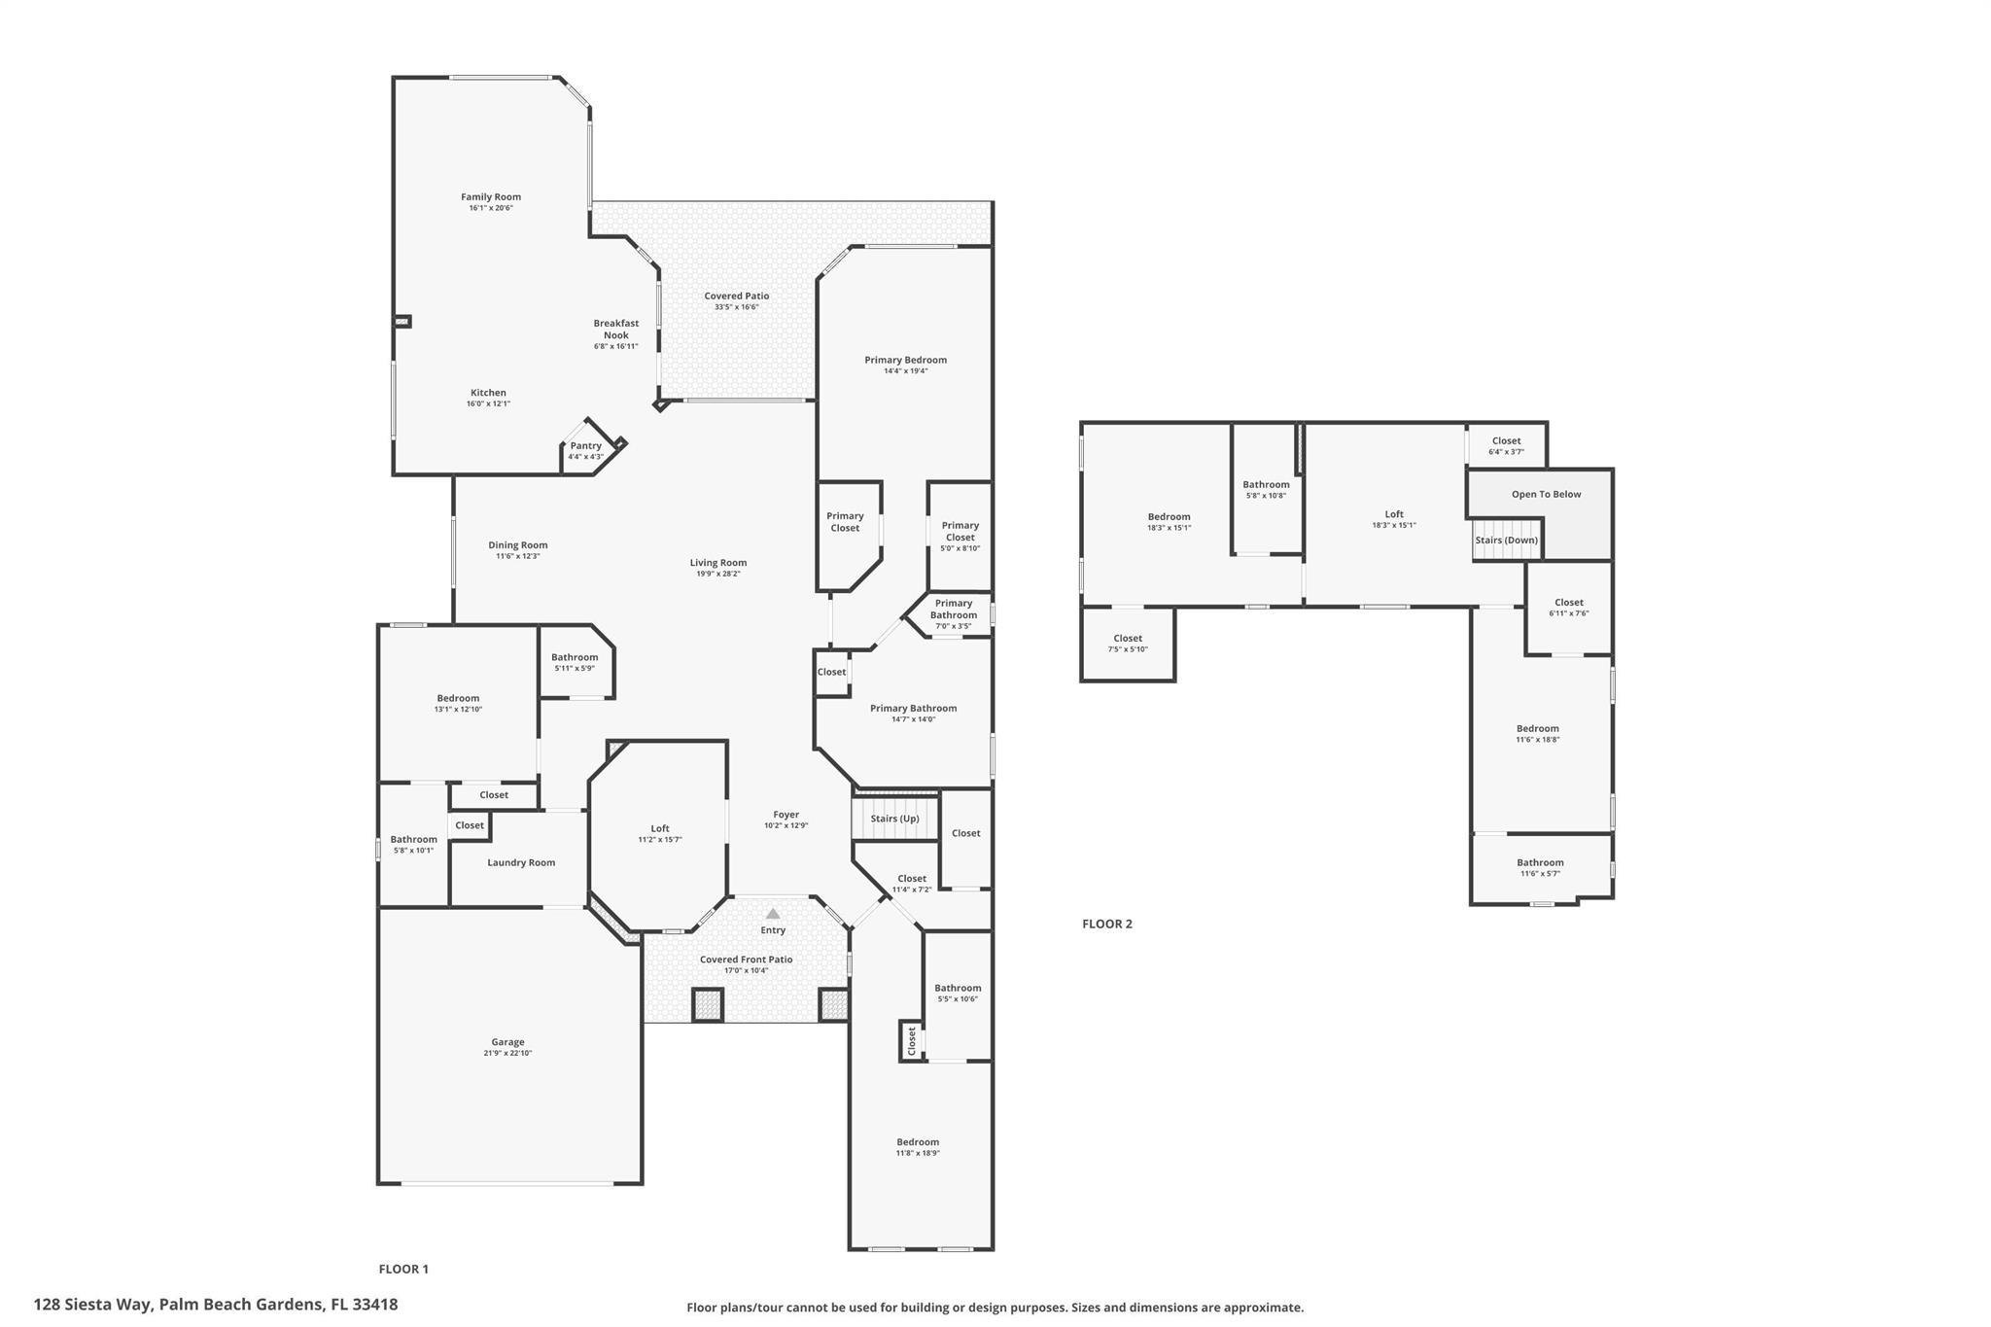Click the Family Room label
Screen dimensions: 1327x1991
click(x=491, y=197)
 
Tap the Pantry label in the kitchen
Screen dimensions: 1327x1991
click(x=586, y=446)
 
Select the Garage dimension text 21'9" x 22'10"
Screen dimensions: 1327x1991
click(x=507, y=1053)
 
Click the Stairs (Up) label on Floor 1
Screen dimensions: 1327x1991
click(x=894, y=819)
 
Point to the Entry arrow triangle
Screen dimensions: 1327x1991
click(x=773, y=914)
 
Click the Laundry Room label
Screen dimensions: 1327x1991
click(x=521, y=862)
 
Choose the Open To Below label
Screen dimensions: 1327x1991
click(x=1546, y=494)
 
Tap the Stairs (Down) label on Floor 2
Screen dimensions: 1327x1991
click(x=1506, y=541)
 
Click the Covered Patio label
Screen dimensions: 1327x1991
click(x=737, y=297)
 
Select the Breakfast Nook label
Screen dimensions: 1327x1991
click(x=616, y=329)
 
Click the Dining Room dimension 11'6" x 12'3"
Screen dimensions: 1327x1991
click(x=518, y=556)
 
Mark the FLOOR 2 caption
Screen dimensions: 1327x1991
click(x=1107, y=924)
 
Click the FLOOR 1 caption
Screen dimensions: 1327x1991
click(x=403, y=1269)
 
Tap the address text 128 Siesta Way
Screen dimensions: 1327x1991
click(x=93, y=1305)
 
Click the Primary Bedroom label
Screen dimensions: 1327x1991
click(x=905, y=360)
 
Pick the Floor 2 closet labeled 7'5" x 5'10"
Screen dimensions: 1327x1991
click(x=1128, y=644)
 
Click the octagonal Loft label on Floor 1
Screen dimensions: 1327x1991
click(x=660, y=829)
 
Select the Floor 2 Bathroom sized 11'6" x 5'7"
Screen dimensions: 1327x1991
click(x=1540, y=867)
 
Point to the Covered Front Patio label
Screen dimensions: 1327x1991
click(x=747, y=960)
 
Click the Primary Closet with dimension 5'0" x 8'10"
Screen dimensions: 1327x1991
click(x=960, y=536)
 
